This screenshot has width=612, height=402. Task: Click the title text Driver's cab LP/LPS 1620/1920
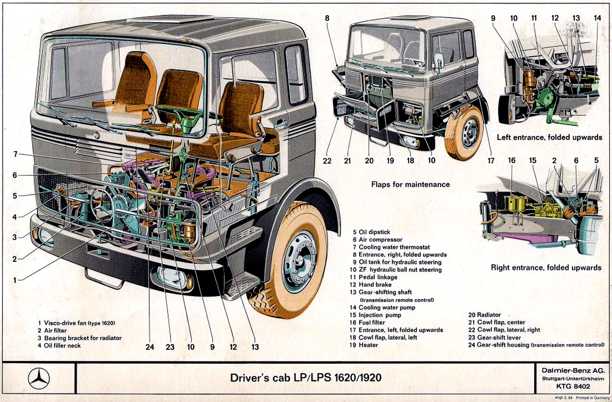(x=306, y=377)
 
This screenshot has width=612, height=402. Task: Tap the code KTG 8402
(x=573, y=387)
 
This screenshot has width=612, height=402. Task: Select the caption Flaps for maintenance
(x=410, y=185)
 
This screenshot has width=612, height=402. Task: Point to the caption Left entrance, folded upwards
(x=549, y=137)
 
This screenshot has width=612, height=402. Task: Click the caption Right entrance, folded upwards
(x=546, y=268)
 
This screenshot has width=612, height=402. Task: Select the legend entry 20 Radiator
(x=485, y=315)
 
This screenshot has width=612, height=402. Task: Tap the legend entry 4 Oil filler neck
(x=59, y=346)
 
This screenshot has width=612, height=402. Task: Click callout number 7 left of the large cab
(x=15, y=154)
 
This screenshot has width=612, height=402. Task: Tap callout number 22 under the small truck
(x=328, y=161)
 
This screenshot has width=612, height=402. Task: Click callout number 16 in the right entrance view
(x=511, y=161)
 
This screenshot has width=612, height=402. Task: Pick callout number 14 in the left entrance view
(x=598, y=18)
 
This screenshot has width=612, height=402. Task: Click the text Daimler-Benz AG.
(x=573, y=370)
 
